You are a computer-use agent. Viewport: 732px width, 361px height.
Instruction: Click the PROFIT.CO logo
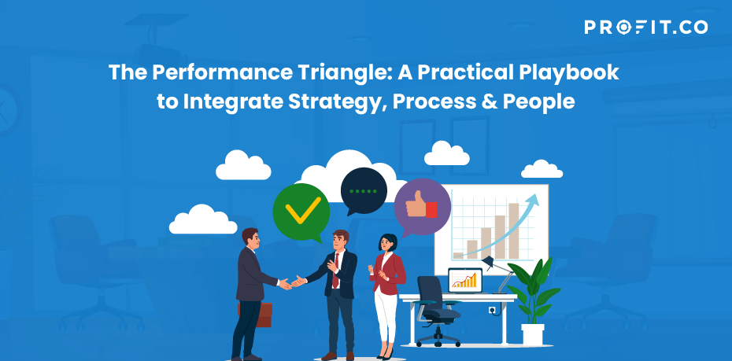[645, 27]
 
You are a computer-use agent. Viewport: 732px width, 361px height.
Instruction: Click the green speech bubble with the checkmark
[301, 212]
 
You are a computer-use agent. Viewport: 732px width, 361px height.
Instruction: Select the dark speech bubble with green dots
[363, 192]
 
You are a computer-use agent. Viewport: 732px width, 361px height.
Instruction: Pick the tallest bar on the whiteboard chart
[513, 230]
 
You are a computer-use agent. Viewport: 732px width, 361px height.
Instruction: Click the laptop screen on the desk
[465, 280]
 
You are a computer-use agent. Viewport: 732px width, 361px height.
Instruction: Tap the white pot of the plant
[533, 334]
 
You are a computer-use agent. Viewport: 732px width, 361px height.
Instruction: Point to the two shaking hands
[292, 282]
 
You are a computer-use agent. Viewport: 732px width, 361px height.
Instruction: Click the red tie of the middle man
[335, 271]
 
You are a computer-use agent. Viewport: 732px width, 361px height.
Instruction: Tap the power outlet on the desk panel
[492, 310]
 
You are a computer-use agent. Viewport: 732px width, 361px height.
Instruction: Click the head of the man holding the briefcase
[251, 238]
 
